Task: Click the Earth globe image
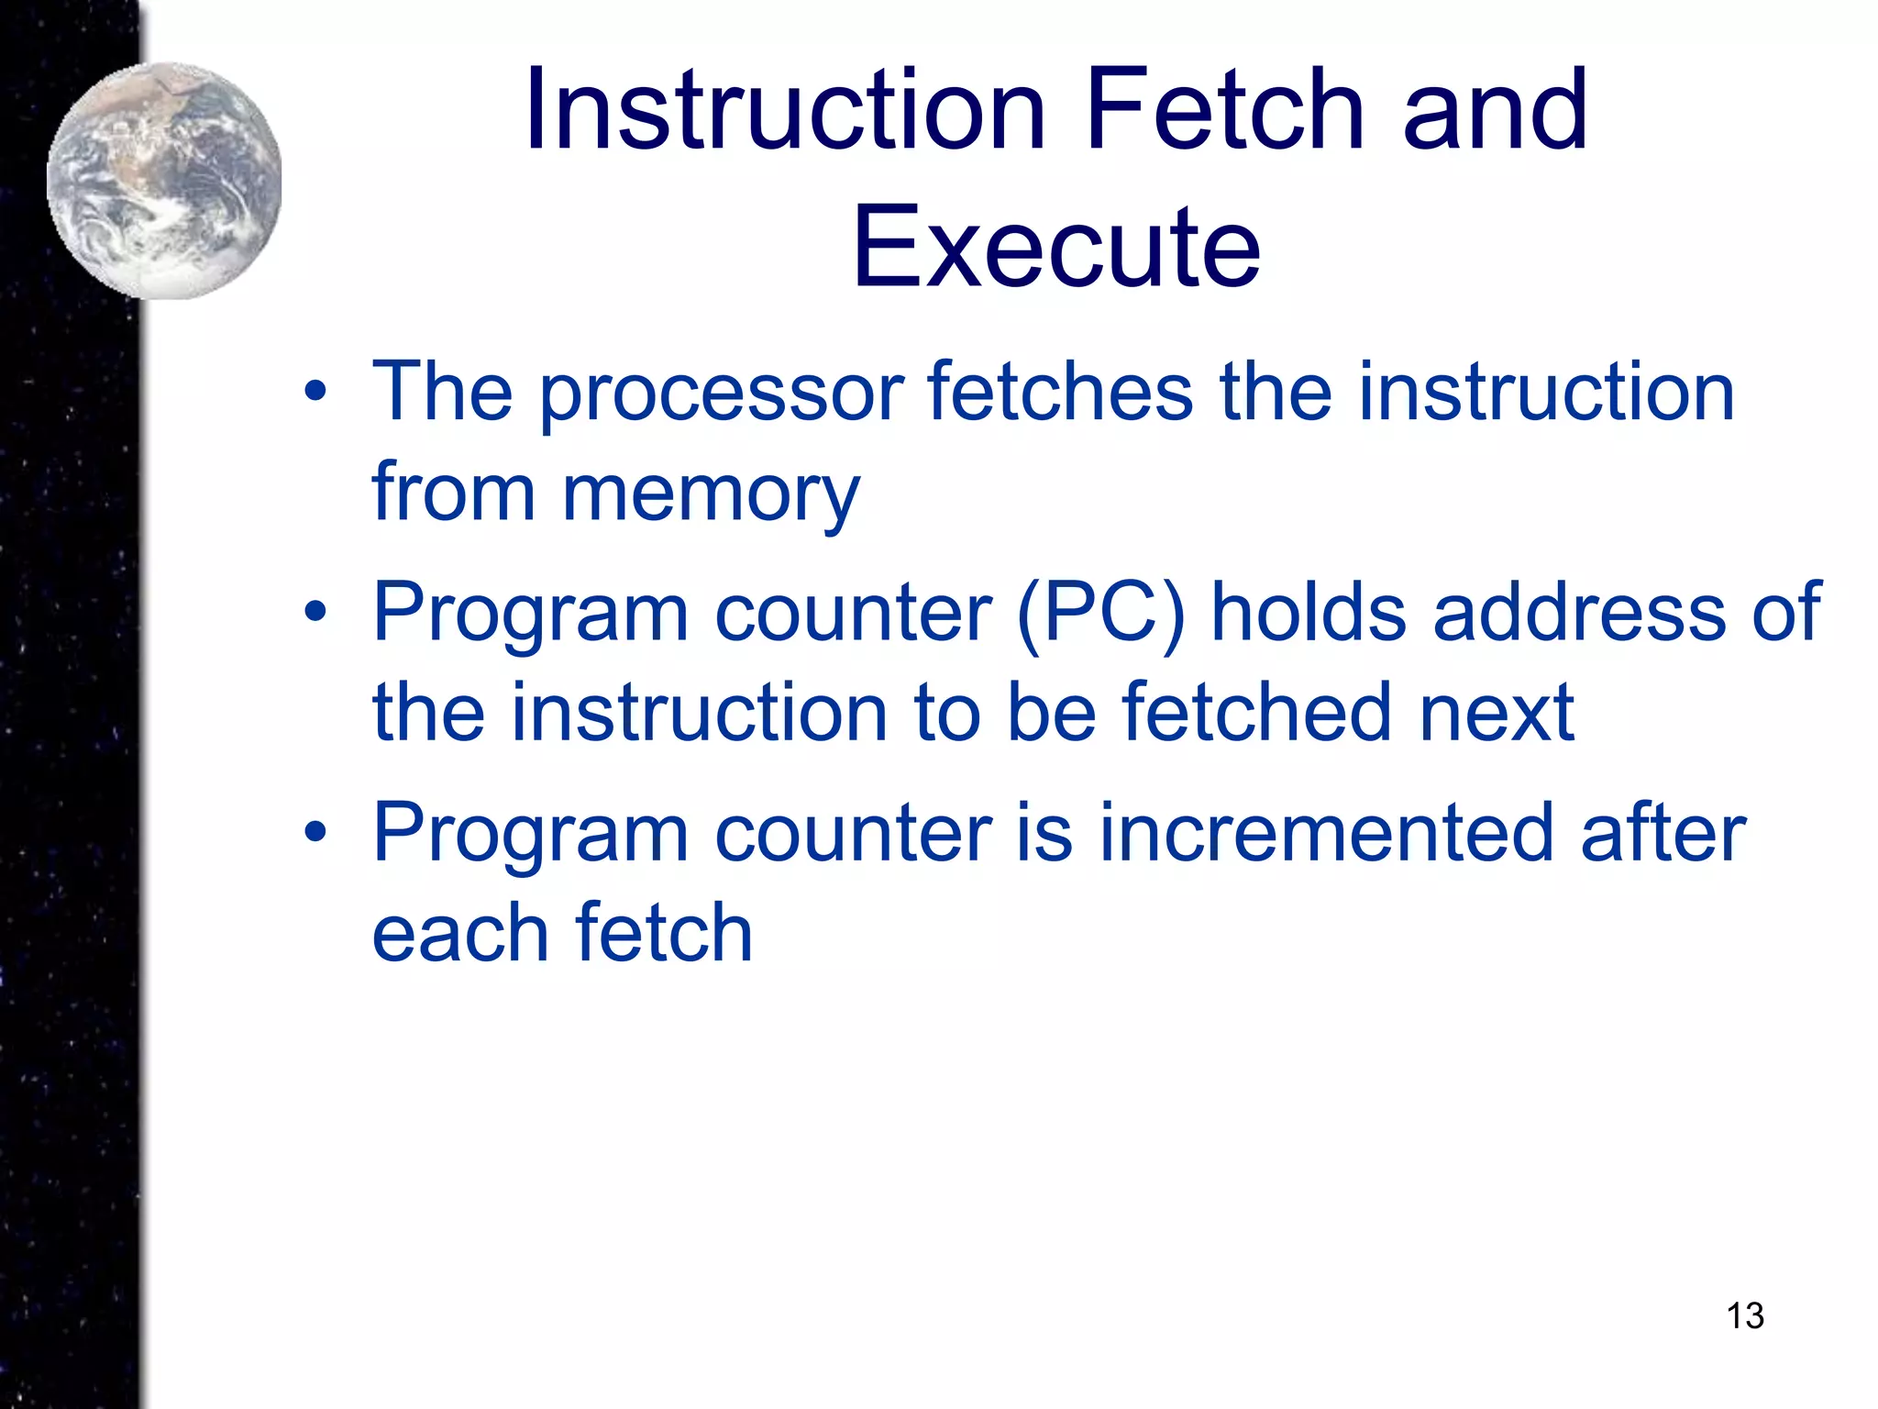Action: (164, 181)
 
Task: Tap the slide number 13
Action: (1744, 1315)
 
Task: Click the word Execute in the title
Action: (1056, 248)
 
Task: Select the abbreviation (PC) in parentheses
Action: (1100, 613)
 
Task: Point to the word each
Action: (460, 934)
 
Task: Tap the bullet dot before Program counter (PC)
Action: (315, 613)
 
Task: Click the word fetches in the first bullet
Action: (1060, 393)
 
